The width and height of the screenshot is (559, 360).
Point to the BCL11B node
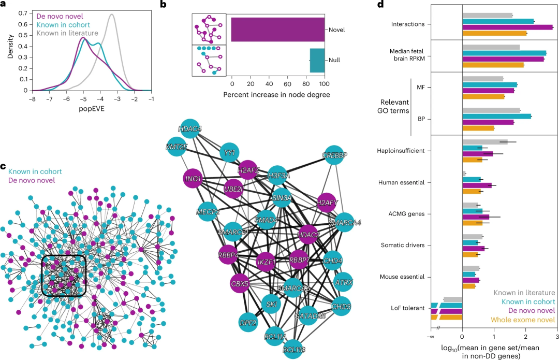pos(295,349)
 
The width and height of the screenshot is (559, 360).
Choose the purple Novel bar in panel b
pos(277,29)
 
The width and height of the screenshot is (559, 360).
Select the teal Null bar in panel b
pos(317,60)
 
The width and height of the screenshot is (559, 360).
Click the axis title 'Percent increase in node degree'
pos(276,95)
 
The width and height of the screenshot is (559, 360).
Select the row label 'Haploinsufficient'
pos(402,151)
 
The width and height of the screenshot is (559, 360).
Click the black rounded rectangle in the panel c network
pos(64,275)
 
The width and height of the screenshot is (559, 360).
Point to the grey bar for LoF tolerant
pos(452,299)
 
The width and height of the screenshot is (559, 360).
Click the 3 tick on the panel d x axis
pos(557,337)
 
